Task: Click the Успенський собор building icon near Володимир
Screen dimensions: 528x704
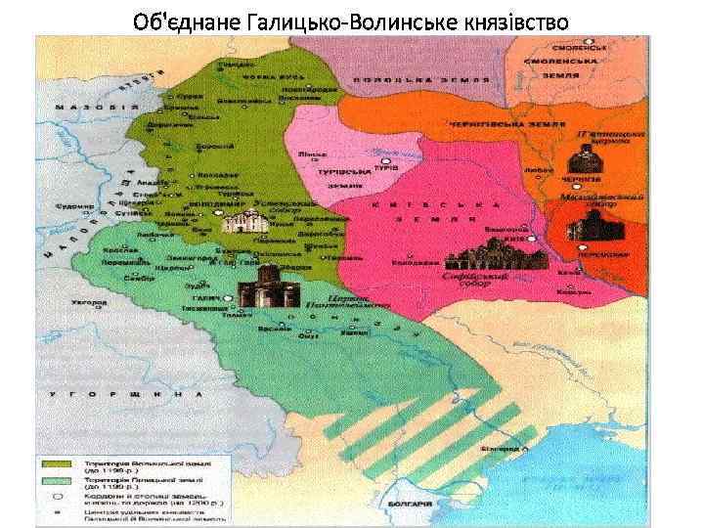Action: (240, 222)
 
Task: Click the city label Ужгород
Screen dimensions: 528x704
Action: (87, 305)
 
